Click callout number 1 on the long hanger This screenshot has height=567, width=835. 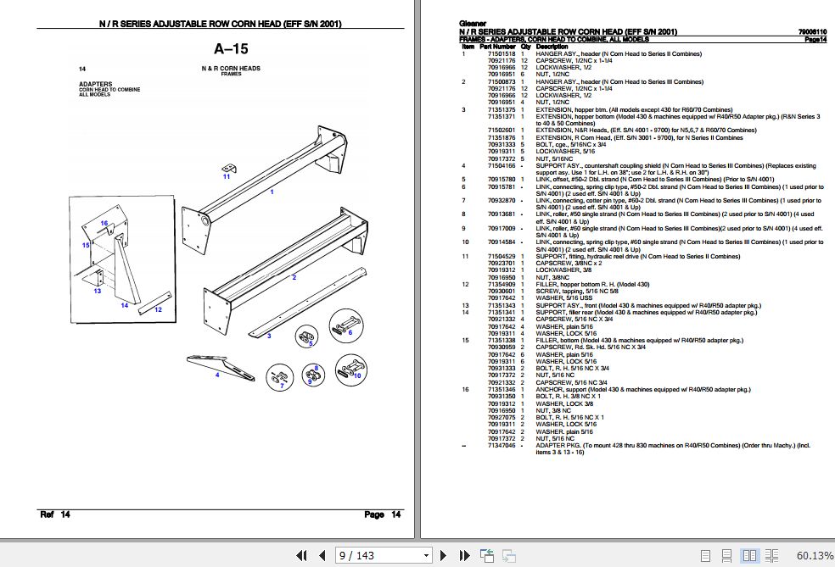[272, 193]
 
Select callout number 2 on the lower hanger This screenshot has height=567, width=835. [294, 277]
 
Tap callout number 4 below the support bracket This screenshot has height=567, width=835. [217, 374]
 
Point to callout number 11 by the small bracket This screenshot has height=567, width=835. [227, 176]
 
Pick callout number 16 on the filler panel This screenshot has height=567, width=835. [104, 223]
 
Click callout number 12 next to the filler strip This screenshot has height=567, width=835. [158, 310]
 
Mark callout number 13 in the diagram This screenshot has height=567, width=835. [98, 291]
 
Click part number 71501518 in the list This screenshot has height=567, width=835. [499, 53]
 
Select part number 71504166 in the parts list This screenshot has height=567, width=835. [499, 165]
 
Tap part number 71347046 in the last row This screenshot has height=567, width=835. [499, 445]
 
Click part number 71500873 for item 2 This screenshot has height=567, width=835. [499, 81]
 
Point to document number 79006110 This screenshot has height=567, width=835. [811, 32]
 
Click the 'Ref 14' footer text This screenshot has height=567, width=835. [55, 514]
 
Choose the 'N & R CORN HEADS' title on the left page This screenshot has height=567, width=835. [231, 68]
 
